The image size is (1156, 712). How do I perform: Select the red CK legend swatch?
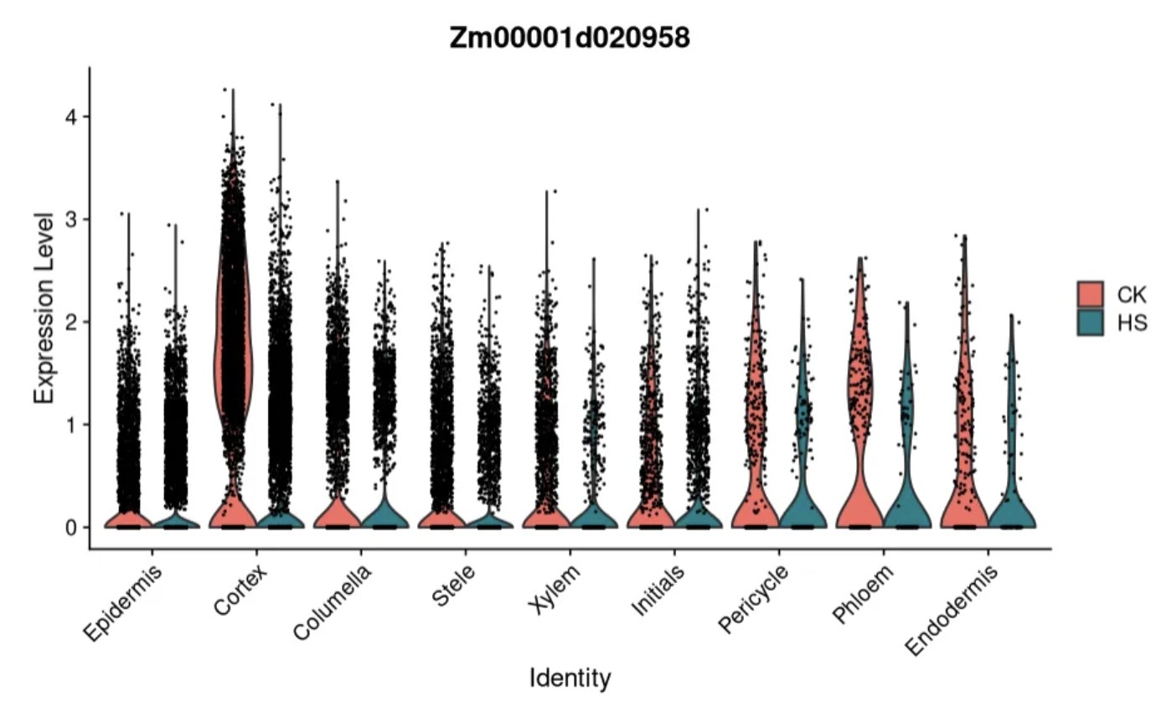(1090, 294)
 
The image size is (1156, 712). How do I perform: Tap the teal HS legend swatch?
(1090, 322)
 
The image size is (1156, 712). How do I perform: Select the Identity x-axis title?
(570, 678)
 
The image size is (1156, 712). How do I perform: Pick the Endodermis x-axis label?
(953, 607)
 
